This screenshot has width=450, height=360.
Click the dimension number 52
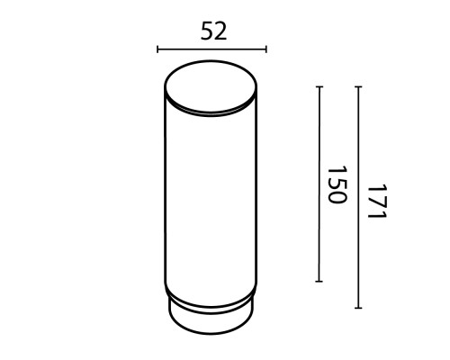click(212, 31)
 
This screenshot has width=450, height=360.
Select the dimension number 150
click(336, 184)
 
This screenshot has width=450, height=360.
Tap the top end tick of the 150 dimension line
click(319, 86)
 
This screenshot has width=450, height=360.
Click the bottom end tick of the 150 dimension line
click(319, 282)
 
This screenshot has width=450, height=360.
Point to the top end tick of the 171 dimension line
click(358, 86)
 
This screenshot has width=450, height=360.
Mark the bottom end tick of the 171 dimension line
click(358, 309)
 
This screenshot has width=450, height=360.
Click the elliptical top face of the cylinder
click(211, 87)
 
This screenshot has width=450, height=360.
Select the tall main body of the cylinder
click(211, 198)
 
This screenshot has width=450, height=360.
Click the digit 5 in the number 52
click(205, 31)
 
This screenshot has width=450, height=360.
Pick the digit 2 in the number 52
click(220, 31)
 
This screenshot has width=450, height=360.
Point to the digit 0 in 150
click(336, 198)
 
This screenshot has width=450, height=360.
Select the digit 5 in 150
click(336, 184)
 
